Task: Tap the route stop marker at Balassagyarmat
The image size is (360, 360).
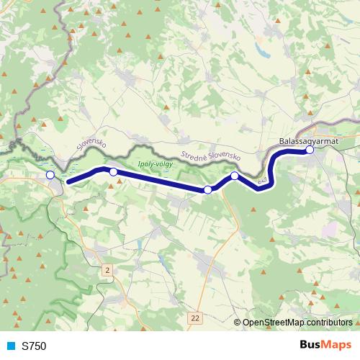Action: (310, 150)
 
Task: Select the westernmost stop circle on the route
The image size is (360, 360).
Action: (50, 175)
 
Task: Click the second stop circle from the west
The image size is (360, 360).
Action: (113, 171)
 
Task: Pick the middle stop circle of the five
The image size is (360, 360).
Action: (208, 189)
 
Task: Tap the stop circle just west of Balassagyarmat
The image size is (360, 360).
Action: (235, 176)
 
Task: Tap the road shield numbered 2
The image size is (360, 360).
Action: (107, 269)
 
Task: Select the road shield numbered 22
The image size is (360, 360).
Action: (197, 317)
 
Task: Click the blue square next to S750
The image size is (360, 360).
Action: (9, 346)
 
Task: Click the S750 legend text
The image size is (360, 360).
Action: (34, 346)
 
